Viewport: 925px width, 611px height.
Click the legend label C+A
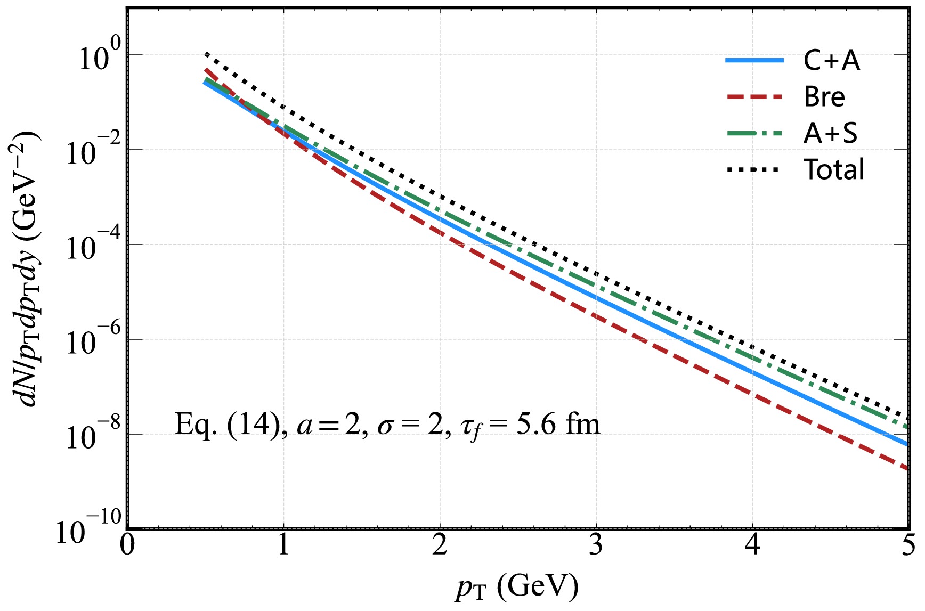click(x=831, y=60)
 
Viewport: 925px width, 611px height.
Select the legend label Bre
click(x=824, y=97)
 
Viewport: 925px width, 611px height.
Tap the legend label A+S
click(x=830, y=133)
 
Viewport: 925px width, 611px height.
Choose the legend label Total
click(x=834, y=170)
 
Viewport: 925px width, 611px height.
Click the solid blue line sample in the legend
click(x=754, y=61)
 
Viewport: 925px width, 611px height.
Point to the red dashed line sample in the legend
click(x=754, y=97)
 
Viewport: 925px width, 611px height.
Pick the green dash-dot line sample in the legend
click(x=754, y=133)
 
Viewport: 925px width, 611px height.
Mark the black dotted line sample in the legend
click(x=754, y=170)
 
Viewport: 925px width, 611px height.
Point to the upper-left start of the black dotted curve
click(x=206, y=53)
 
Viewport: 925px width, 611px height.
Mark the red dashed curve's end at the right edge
click(x=907, y=469)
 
